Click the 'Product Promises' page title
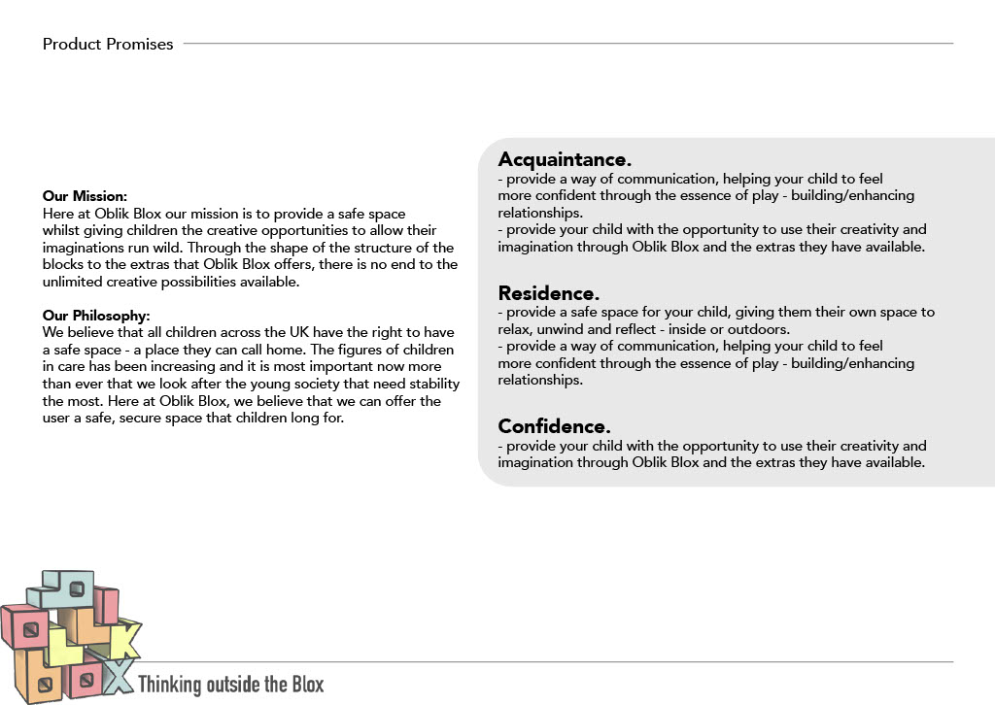[x=108, y=44]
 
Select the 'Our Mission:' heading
[x=85, y=196]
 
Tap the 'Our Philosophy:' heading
[x=95, y=315]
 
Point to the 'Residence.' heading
[x=548, y=292]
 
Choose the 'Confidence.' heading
[x=554, y=425]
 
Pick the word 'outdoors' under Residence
[x=761, y=329]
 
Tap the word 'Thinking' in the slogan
[x=169, y=685]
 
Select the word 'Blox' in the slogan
[x=307, y=685]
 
